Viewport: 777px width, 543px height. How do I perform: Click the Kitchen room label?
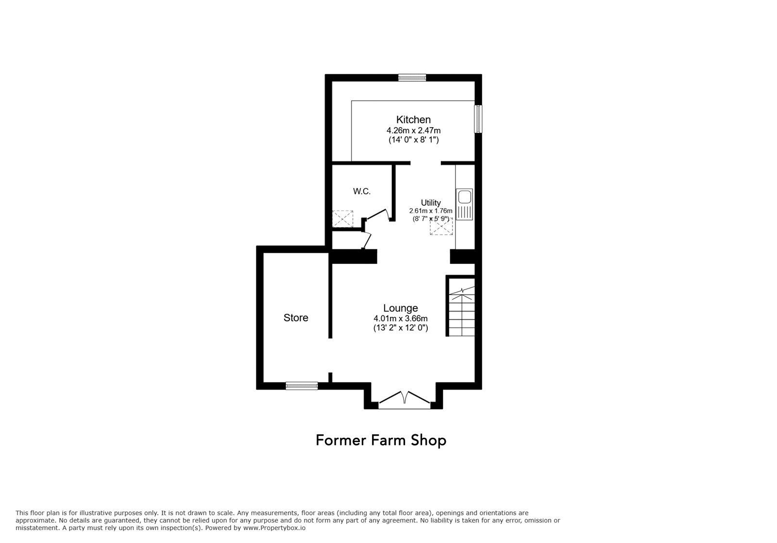pos(413,119)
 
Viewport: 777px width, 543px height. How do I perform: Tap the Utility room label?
pos(431,203)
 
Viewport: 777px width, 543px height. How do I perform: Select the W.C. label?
pos(362,191)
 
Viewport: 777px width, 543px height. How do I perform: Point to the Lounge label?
pos(400,308)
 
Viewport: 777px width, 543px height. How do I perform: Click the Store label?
pos(296,318)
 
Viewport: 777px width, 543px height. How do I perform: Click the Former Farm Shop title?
pos(381,441)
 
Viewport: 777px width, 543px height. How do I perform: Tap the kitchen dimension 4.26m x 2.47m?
pos(413,131)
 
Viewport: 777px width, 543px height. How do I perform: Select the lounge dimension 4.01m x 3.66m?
pos(400,318)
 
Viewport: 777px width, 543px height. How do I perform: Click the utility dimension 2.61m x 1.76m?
pos(431,211)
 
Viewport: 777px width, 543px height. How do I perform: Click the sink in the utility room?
pos(464,204)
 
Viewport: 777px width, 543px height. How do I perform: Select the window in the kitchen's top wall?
pos(412,78)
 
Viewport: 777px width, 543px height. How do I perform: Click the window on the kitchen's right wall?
pos(478,119)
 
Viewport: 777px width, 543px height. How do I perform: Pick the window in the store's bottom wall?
pos(302,386)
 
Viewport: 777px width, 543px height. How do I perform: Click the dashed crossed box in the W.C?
pos(342,219)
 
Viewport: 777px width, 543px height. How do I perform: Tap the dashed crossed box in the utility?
pos(441,226)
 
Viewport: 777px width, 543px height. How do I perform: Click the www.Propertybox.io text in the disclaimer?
pos(274,528)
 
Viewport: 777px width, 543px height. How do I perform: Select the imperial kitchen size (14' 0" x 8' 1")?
pos(413,140)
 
